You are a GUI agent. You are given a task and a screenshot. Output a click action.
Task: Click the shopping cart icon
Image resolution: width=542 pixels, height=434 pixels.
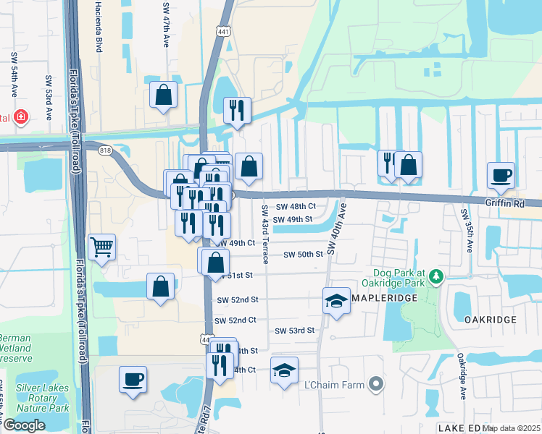click(x=101, y=247)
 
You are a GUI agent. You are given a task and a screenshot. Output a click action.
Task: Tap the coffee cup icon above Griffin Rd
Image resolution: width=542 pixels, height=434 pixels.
click(x=501, y=174)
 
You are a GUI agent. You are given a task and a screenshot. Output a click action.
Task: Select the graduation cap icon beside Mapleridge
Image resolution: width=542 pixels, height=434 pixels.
click(x=336, y=300)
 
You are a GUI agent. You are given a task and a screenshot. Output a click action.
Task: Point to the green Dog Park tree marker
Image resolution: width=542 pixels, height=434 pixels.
click(x=435, y=276)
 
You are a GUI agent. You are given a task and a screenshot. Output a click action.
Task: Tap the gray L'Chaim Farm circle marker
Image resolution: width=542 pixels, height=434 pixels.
click(x=375, y=385)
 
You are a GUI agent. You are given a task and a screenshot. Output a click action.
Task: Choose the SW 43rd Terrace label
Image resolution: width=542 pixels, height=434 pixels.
click(x=264, y=234)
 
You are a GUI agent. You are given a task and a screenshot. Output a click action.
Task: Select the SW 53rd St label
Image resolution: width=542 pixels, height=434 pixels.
click(x=295, y=331)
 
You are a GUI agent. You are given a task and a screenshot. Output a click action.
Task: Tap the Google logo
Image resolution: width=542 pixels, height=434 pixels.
click(x=24, y=425)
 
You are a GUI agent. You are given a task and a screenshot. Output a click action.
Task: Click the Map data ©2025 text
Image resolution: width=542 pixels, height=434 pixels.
click(x=512, y=428)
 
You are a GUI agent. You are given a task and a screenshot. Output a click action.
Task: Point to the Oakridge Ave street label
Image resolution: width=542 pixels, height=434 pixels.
click(x=461, y=376)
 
